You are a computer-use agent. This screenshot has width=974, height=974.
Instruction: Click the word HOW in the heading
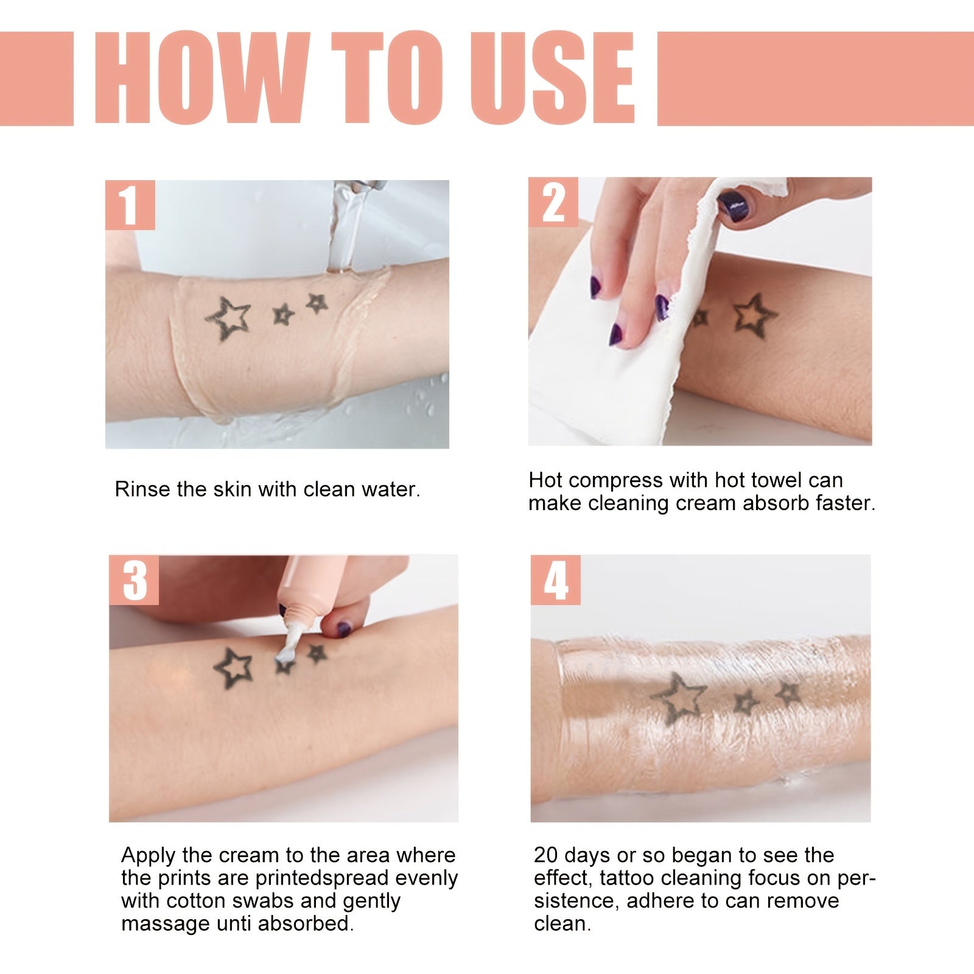[201, 78]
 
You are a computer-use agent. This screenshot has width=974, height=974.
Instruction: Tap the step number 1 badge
[129, 205]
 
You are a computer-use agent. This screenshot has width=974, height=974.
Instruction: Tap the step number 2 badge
[553, 203]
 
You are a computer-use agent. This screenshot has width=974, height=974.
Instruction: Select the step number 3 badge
[134, 580]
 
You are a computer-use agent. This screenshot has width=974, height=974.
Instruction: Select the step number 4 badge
[555, 580]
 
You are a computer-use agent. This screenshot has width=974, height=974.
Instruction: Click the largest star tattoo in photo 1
[229, 318]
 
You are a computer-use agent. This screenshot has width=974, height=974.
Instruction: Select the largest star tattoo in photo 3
[233, 668]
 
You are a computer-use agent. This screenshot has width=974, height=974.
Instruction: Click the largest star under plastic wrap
[678, 698]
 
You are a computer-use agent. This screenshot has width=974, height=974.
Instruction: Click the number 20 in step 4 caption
[546, 855]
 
